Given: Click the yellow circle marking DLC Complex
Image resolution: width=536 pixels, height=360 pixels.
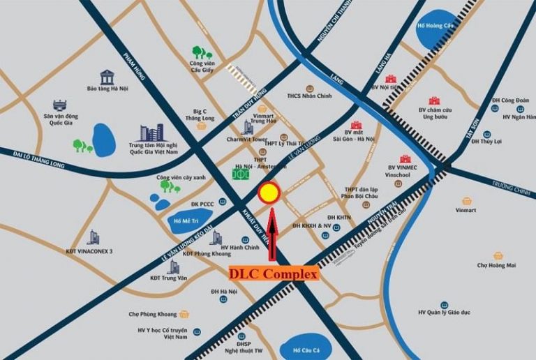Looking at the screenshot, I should (269, 193).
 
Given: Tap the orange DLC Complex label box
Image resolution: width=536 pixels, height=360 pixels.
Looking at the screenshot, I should (274, 274).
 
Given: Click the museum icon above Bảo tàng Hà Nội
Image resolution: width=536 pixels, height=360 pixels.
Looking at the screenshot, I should (107, 77).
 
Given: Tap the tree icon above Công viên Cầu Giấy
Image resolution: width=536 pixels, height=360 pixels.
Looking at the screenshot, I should (202, 52).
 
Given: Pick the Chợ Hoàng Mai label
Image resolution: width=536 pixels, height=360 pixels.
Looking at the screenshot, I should (497, 265).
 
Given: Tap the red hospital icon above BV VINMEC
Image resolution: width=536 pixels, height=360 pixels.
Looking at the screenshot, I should (405, 159).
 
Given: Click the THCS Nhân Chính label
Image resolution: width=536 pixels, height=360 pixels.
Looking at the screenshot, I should (308, 96).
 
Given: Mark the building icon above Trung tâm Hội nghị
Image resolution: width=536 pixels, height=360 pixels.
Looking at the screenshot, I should (151, 133).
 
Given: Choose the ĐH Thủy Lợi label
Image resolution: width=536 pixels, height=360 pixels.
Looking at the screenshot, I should (486, 142).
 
